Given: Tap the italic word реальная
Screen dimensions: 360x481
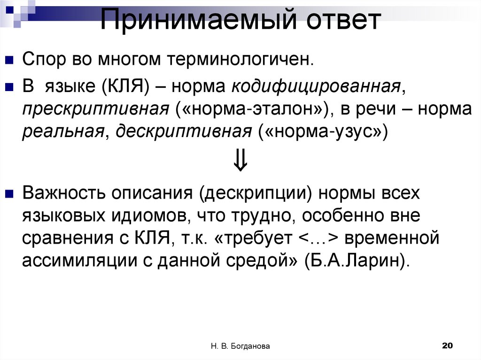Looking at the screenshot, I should [62, 132].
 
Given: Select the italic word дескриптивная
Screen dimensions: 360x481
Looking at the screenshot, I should [184, 132].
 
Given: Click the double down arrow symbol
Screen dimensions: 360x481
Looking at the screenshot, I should [240, 161].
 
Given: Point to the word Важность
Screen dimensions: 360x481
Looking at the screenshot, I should [62, 193].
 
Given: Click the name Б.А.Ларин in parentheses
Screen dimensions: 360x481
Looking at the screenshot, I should [356, 261].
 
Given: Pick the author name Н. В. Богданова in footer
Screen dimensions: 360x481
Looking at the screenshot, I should [240, 346].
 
